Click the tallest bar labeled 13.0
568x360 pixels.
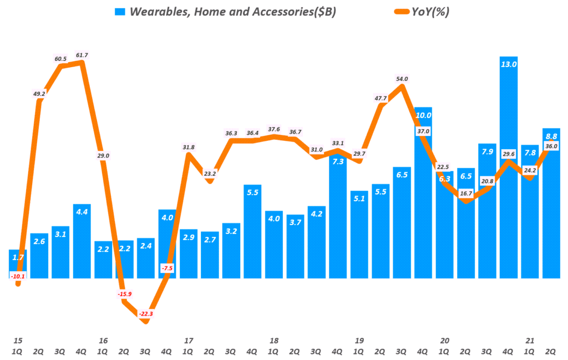tap(508, 166)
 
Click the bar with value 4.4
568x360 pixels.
tap(82, 241)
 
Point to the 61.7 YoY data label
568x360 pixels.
tap(82, 55)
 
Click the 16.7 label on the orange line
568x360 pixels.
tap(466, 194)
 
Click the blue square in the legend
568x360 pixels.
tap(120, 12)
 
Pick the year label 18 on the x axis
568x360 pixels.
tap(273, 341)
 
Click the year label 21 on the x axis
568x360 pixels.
tap(530, 341)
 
